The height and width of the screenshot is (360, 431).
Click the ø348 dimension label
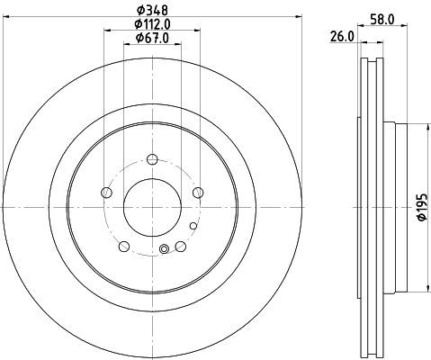click(152, 11)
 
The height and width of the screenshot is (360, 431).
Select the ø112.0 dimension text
click(152, 24)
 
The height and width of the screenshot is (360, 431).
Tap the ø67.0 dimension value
click(152, 38)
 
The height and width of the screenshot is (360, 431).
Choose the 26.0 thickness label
click(342, 37)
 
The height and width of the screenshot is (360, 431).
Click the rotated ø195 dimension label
click(422, 207)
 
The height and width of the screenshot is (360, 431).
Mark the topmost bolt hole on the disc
click(152, 159)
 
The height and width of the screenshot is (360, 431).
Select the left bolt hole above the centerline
click(107, 193)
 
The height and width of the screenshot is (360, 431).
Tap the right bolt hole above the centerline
click(198, 193)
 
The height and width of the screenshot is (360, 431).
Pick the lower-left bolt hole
click(124, 247)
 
